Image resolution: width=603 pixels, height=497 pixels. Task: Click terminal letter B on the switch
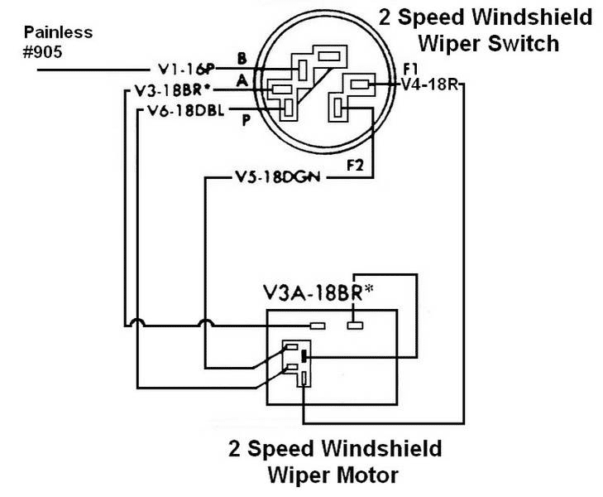[x=241, y=58]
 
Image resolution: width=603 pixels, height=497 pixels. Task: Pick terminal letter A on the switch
[x=241, y=80]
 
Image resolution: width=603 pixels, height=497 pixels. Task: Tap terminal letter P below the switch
[x=246, y=121]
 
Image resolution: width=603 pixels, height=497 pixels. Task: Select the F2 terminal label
[x=355, y=164]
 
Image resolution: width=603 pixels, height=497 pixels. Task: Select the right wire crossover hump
[x=204, y=323]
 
